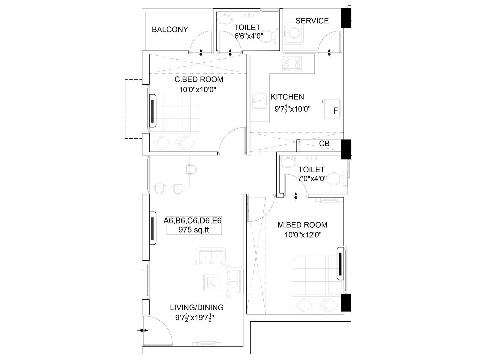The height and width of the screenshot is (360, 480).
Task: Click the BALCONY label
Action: (x=170, y=29)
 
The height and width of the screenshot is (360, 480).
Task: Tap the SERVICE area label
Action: (x=312, y=21)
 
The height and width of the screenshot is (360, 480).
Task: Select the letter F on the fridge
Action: (x=336, y=111)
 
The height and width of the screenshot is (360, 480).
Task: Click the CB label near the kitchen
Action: (x=324, y=144)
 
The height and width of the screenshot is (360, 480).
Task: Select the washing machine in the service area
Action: (x=295, y=33)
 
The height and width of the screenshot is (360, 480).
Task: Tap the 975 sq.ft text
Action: (x=193, y=230)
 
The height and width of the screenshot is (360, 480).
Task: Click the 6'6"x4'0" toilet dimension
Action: (x=249, y=36)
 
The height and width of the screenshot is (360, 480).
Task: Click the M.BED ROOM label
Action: (x=302, y=225)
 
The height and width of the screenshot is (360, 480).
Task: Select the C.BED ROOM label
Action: (x=199, y=79)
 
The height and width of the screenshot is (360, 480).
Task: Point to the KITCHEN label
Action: (x=287, y=97)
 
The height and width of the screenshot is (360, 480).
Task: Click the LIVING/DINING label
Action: (x=196, y=307)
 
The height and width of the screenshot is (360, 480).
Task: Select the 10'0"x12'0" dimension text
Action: (x=303, y=235)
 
